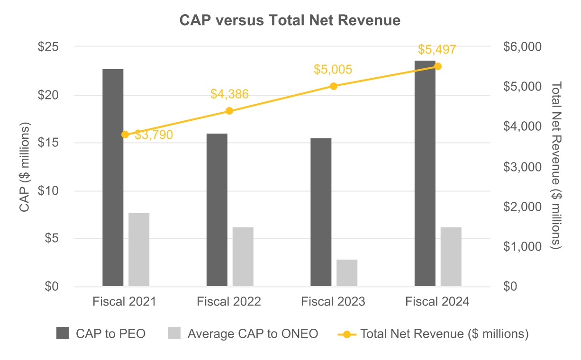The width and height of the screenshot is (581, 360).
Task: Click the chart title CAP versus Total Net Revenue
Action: (x=290, y=21)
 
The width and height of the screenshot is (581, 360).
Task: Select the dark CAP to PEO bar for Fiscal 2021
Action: (x=113, y=178)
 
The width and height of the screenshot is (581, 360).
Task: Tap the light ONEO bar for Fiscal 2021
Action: (x=139, y=250)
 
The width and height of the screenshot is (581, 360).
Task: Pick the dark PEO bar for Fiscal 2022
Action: (x=217, y=210)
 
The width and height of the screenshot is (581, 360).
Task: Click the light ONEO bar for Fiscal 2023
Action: (x=347, y=273)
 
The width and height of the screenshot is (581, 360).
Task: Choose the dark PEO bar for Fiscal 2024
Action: (x=425, y=173)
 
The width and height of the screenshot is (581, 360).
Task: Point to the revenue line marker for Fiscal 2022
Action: (x=229, y=111)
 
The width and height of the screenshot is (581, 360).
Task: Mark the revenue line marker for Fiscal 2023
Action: (x=333, y=86)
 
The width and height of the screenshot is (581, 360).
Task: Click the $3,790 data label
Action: (x=154, y=135)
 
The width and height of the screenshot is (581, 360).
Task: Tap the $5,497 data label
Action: (x=437, y=50)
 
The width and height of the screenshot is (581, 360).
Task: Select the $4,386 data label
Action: (x=229, y=94)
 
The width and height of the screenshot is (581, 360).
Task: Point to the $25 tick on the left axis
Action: (x=49, y=47)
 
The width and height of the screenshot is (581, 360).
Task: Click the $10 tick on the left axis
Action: (x=49, y=191)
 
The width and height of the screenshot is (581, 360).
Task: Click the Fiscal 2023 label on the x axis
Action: (x=333, y=302)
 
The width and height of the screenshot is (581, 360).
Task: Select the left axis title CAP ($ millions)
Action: (x=25, y=167)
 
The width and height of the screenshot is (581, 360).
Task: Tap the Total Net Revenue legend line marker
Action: (x=347, y=334)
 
